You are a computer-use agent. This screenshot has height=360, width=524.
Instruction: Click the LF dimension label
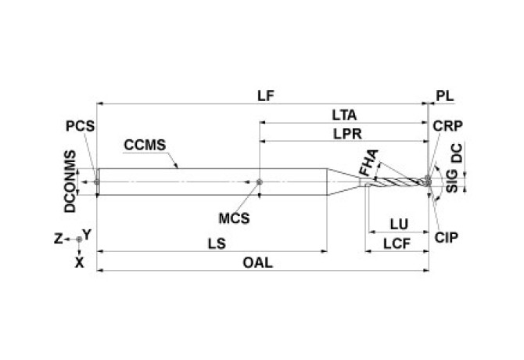click(265, 94)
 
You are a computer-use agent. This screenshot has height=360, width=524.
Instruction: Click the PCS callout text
click(81, 125)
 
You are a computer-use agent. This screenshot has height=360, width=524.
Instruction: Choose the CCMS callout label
click(143, 144)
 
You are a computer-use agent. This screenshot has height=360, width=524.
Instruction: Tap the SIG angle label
click(451, 184)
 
